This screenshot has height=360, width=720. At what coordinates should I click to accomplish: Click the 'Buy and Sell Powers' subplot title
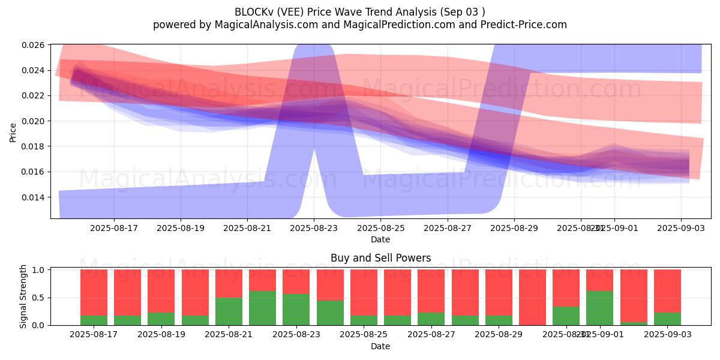click(x=380, y=258)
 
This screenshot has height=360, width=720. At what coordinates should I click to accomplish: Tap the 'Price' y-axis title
click(x=13, y=132)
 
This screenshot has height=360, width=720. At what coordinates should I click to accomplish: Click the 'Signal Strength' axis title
click(x=23, y=297)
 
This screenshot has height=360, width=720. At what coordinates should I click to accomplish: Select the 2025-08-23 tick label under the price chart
click(x=313, y=228)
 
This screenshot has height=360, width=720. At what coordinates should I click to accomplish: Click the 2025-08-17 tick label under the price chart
click(x=113, y=228)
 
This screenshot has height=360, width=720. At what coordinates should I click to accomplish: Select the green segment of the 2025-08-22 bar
click(x=262, y=308)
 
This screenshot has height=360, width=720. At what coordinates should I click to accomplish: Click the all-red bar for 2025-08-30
click(x=532, y=297)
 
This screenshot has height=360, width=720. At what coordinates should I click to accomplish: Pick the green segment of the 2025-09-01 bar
click(x=599, y=308)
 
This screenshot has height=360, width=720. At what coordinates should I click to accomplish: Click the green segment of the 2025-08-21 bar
click(x=229, y=311)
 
